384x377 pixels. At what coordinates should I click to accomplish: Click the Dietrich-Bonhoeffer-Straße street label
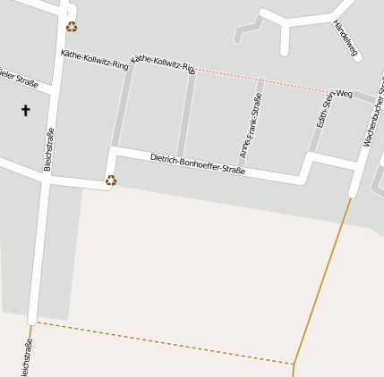[x=197, y=163]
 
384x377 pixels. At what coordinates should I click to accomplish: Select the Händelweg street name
[x=345, y=38]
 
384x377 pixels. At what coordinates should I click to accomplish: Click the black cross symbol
[x=25, y=111]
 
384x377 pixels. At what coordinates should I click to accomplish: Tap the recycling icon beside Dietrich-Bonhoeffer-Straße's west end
[x=111, y=180]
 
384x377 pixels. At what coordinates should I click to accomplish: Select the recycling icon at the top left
[x=72, y=27]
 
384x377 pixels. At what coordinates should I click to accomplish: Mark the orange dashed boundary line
[x=161, y=343]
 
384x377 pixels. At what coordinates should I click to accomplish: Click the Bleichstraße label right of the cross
[x=49, y=149]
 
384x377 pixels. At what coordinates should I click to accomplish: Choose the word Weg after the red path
[x=344, y=93]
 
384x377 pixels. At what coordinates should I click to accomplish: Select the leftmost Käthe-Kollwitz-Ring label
[x=94, y=60]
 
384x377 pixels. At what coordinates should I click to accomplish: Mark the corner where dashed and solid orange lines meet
[x=294, y=364]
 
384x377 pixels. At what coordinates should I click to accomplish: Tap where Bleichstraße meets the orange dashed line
[x=32, y=322]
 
